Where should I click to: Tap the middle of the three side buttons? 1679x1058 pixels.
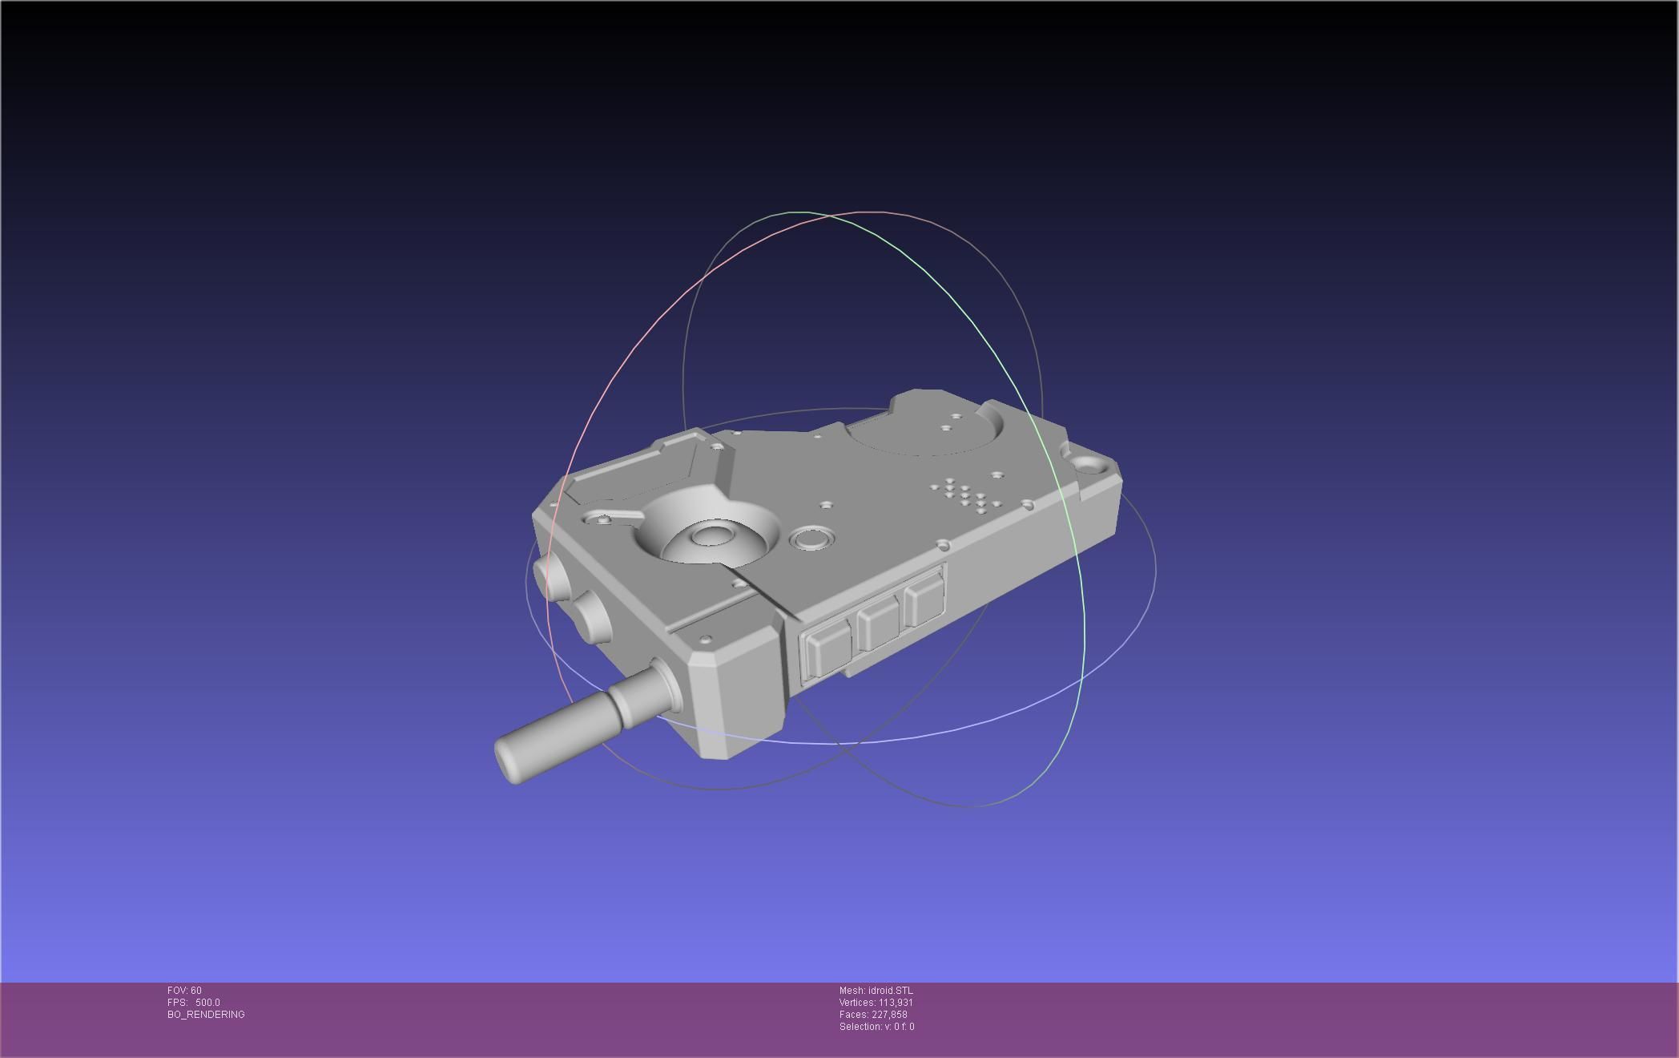tap(879, 624)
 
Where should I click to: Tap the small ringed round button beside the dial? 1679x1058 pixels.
tap(811, 538)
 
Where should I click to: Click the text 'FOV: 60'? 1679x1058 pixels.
tap(184, 991)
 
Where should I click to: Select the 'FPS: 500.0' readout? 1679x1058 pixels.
tap(194, 1003)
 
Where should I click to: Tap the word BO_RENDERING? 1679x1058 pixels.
tap(206, 1015)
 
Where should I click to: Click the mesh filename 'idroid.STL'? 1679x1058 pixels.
tap(890, 991)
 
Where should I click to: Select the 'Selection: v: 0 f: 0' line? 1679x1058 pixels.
tap(876, 1027)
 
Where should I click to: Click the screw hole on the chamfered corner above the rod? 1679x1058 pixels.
tap(706, 640)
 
